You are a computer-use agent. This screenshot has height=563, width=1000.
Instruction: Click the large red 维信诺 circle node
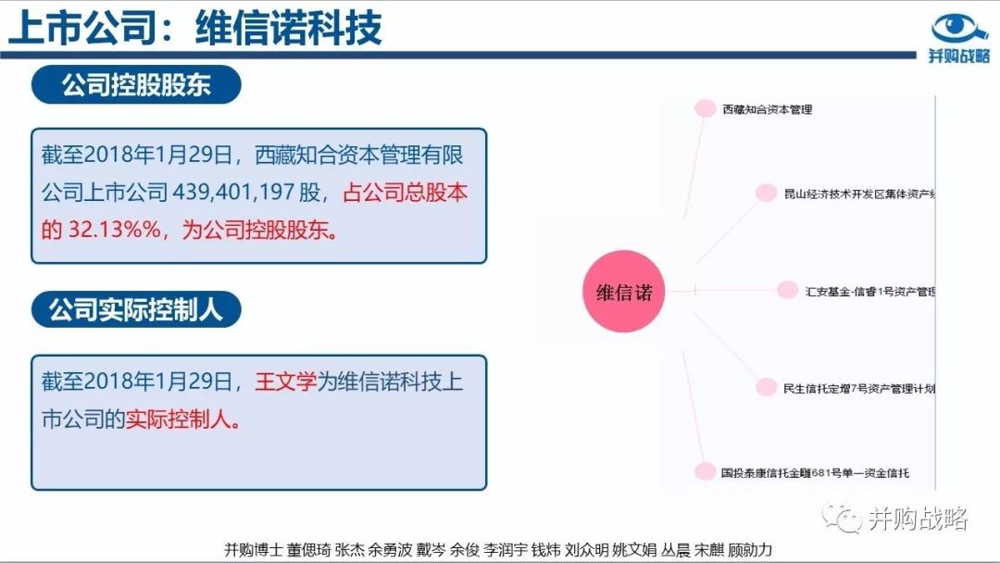624,292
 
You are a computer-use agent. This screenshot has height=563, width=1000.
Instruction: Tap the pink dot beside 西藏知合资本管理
705,108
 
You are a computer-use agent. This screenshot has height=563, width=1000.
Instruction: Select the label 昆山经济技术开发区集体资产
859,194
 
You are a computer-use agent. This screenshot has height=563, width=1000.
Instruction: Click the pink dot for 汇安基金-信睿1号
788,290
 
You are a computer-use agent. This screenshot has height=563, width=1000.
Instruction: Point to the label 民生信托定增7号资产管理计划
859,388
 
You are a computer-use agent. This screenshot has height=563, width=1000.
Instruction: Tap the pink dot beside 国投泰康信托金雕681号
705,472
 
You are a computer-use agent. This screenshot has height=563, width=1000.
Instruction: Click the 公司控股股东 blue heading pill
136,85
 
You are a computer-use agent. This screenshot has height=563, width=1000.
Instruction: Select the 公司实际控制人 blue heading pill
136,310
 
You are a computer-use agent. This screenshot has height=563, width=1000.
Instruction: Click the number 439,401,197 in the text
233,192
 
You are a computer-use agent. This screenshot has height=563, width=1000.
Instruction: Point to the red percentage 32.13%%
115,229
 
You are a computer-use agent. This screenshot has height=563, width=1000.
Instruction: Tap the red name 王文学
286,382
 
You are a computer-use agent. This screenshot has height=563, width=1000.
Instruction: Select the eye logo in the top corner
959,28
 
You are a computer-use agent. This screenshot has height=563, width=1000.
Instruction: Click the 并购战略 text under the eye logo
959,56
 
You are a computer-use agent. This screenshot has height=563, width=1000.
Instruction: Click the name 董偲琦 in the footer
308,550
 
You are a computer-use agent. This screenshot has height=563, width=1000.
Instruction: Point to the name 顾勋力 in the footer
750,550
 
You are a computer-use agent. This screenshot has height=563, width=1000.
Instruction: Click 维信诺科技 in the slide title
288,28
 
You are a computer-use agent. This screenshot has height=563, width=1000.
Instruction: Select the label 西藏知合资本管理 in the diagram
768,109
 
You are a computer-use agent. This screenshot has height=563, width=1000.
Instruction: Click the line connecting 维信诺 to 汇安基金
721,290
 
